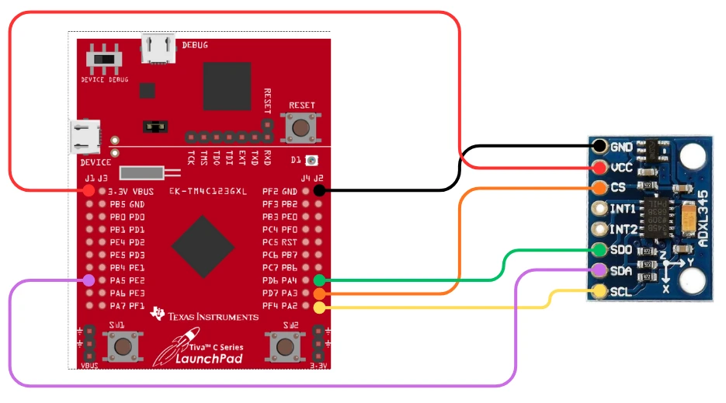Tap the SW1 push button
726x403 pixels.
coord(120,345)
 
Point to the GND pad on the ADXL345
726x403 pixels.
coord(599,146)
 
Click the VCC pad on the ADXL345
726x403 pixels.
coord(599,167)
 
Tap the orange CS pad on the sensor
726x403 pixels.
coord(599,187)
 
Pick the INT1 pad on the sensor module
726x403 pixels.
coord(599,208)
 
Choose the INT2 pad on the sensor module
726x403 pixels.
coord(599,229)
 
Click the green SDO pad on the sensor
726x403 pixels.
coord(599,250)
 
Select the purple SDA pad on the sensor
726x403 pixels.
coord(599,270)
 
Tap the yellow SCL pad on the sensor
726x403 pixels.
coord(599,291)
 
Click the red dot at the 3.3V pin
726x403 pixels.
coord(89,190)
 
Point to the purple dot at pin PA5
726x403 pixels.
coord(89,280)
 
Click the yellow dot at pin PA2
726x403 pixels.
coord(319,307)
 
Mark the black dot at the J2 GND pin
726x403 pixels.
coord(319,190)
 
